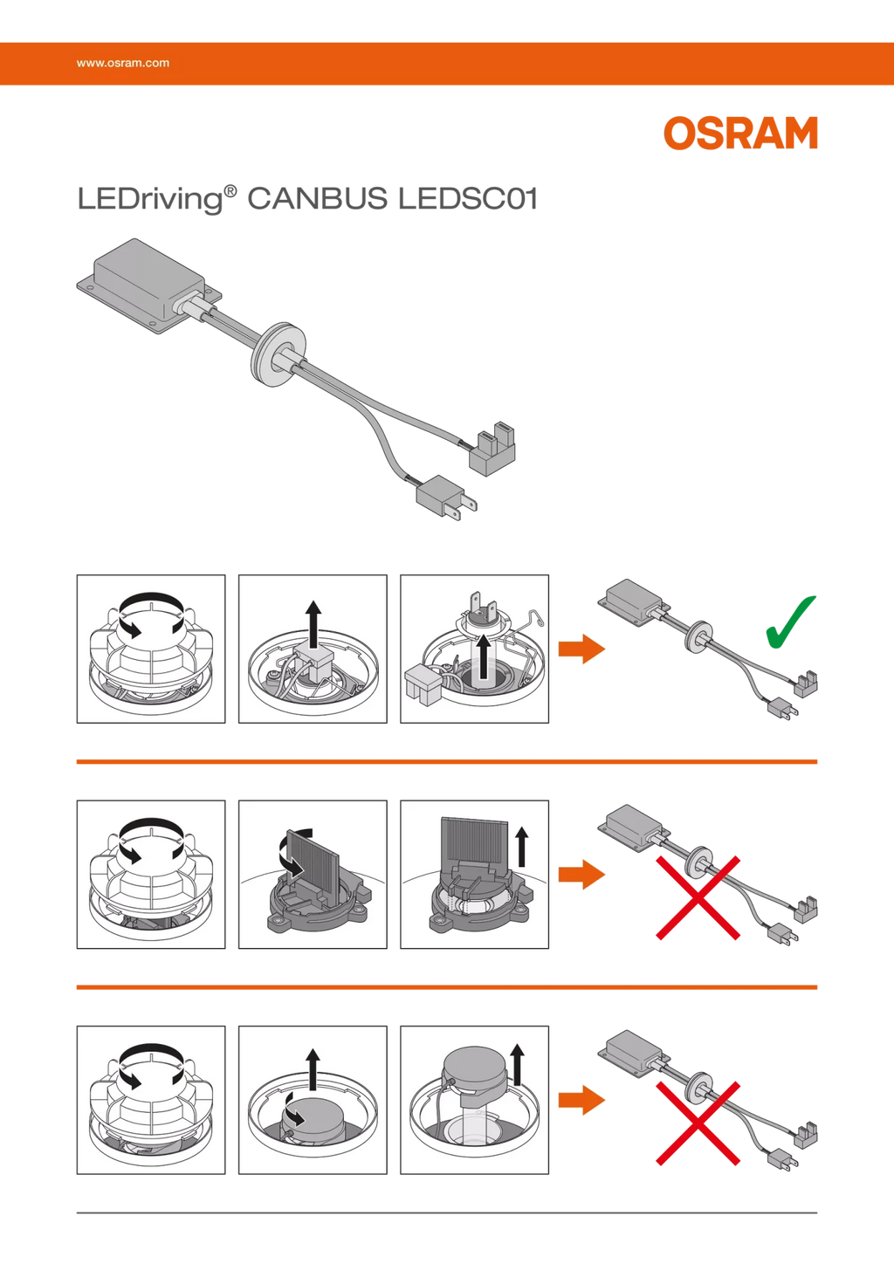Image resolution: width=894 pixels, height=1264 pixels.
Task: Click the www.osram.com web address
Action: [x=123, y=63]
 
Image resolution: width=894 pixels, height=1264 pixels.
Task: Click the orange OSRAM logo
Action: [x=740, y=134]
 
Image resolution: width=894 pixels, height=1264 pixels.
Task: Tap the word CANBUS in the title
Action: [x=318, y=199]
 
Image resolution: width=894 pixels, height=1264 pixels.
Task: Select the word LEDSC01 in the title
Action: [x=468, y=199]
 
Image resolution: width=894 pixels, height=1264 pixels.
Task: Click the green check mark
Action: [x=791, y=622]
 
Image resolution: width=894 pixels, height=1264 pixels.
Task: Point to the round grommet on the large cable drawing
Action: [x=279, y=354]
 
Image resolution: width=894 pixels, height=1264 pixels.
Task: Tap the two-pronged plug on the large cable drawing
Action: [x=446, y=498]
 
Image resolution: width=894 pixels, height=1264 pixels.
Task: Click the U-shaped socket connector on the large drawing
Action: [x=492, y=450]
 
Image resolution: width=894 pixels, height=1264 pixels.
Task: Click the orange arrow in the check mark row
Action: [x=581, y=649]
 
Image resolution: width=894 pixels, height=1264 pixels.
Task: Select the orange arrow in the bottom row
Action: [x=581, y=1100]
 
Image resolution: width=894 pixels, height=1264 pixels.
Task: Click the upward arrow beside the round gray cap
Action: [x=517, y=1064]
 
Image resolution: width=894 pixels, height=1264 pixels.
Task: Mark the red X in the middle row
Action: [x=698, y=897]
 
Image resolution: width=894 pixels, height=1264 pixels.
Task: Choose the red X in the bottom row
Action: [x=698, y=1123]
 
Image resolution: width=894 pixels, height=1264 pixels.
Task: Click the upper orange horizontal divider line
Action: [x=447, y=762]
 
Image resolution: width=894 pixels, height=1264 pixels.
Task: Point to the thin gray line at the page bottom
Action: [x=447, y=1212]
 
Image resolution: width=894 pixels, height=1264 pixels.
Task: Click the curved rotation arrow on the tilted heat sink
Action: [x=294, y=851]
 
